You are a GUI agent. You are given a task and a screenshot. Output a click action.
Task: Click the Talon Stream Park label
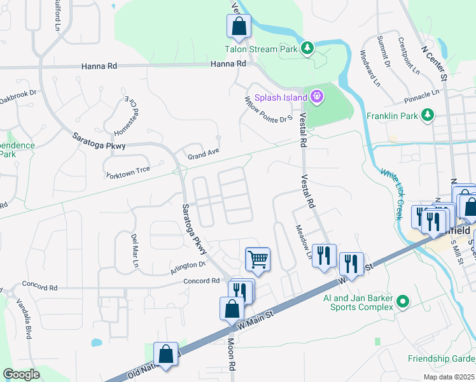(262, 48)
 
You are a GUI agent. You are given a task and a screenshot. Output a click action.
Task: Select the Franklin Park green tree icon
(430, 115)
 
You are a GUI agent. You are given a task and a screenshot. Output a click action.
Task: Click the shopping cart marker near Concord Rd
(258, 258)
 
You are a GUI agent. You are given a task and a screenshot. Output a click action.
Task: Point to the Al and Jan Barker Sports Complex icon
(402, 301)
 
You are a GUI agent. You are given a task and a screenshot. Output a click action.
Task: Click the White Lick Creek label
(391, 194)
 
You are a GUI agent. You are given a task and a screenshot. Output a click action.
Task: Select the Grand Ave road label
(202, 153)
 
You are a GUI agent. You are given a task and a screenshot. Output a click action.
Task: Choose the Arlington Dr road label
(188, 268)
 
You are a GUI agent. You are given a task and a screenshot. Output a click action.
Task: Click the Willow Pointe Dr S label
(268, 109)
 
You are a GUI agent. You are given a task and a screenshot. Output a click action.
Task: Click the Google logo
(21, 375)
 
